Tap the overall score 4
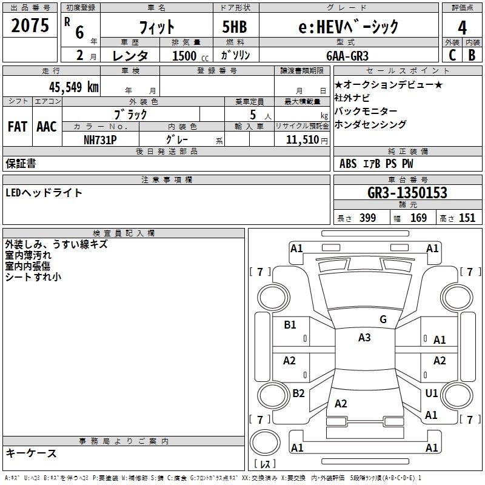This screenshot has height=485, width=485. [462, 27]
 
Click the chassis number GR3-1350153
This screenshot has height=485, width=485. [407, 193]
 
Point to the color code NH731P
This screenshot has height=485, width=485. [100, 139]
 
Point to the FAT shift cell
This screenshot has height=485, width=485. [17, 127]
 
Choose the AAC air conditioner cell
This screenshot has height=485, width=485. [47, 127]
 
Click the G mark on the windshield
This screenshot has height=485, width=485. [383, 319]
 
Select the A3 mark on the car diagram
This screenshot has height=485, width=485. [364, 338]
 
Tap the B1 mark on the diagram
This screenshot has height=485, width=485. [290, 325]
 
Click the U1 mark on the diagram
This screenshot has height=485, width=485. [431, 393]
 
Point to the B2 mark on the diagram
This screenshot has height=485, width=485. [298, 393]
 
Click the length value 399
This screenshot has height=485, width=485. [367, 218]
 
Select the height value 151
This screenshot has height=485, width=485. [467, 218]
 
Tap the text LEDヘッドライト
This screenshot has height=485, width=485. [44, 193]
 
